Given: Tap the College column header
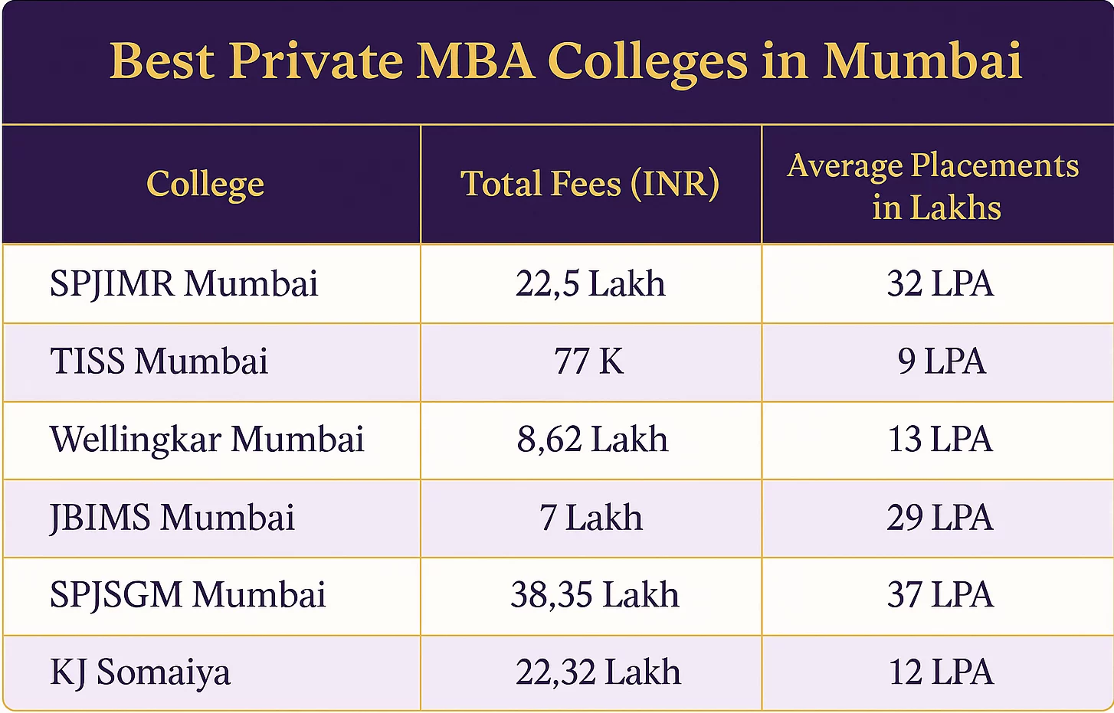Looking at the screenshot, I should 205,185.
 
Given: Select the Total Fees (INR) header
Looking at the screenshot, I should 590,185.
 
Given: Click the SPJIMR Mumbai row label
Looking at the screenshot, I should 184,284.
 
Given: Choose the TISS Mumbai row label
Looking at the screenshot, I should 159,361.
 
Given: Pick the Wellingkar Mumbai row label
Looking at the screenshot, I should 207,440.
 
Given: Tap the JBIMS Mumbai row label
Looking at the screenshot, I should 172,518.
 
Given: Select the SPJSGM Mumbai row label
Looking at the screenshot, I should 188,595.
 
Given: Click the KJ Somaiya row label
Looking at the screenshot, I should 140,673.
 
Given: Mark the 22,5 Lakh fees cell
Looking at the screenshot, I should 590,284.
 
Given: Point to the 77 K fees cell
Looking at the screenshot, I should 589,361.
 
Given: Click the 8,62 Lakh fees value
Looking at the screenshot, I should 592,440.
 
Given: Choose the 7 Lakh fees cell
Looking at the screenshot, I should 591,518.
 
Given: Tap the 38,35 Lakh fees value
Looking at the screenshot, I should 595,595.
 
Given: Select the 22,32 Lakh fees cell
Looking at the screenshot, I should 598,673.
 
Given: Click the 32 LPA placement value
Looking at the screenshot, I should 940,284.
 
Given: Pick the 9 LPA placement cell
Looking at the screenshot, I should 942,361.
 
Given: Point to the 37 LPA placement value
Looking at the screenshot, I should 940,595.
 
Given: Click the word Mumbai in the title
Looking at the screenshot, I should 922,61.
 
